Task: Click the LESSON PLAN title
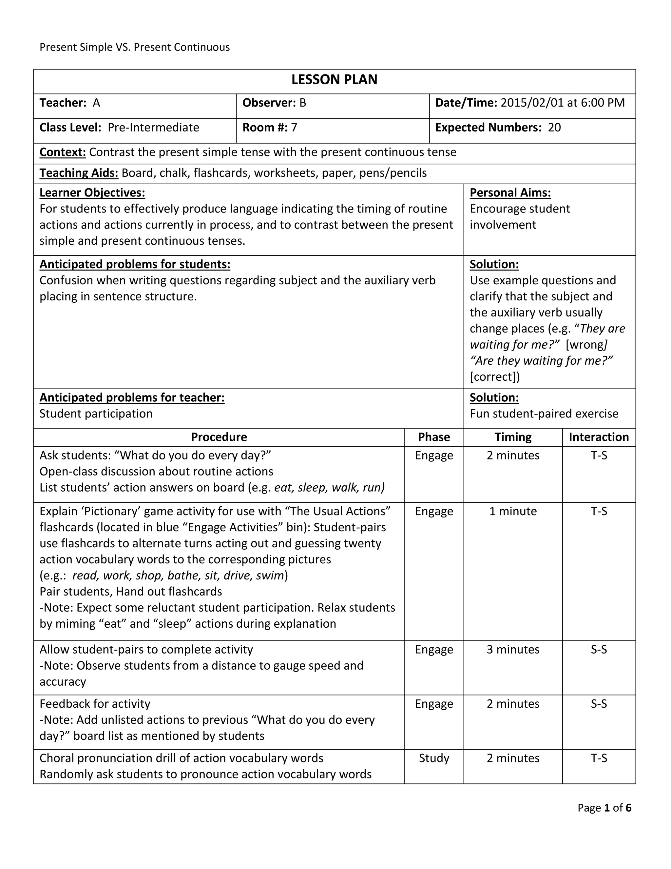[x=334, y=80]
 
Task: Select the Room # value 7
[x=294, y=127]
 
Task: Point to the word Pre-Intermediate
[x=153, y=127]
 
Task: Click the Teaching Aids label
[x=79, y=173]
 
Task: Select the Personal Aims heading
[x=510, y=192]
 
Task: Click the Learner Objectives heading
[x=92, y=192]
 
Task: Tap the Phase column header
[x=434, y=437]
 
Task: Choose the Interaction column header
[x=599, y=437]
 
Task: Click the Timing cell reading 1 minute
[x=513, y=511]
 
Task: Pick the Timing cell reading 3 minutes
[x=513, y=649]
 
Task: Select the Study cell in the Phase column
[x=434, y=758]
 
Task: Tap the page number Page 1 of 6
[x=604, y=808]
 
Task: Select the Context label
[x=62, y=152]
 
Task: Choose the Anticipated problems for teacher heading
[x=132, y=397]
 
